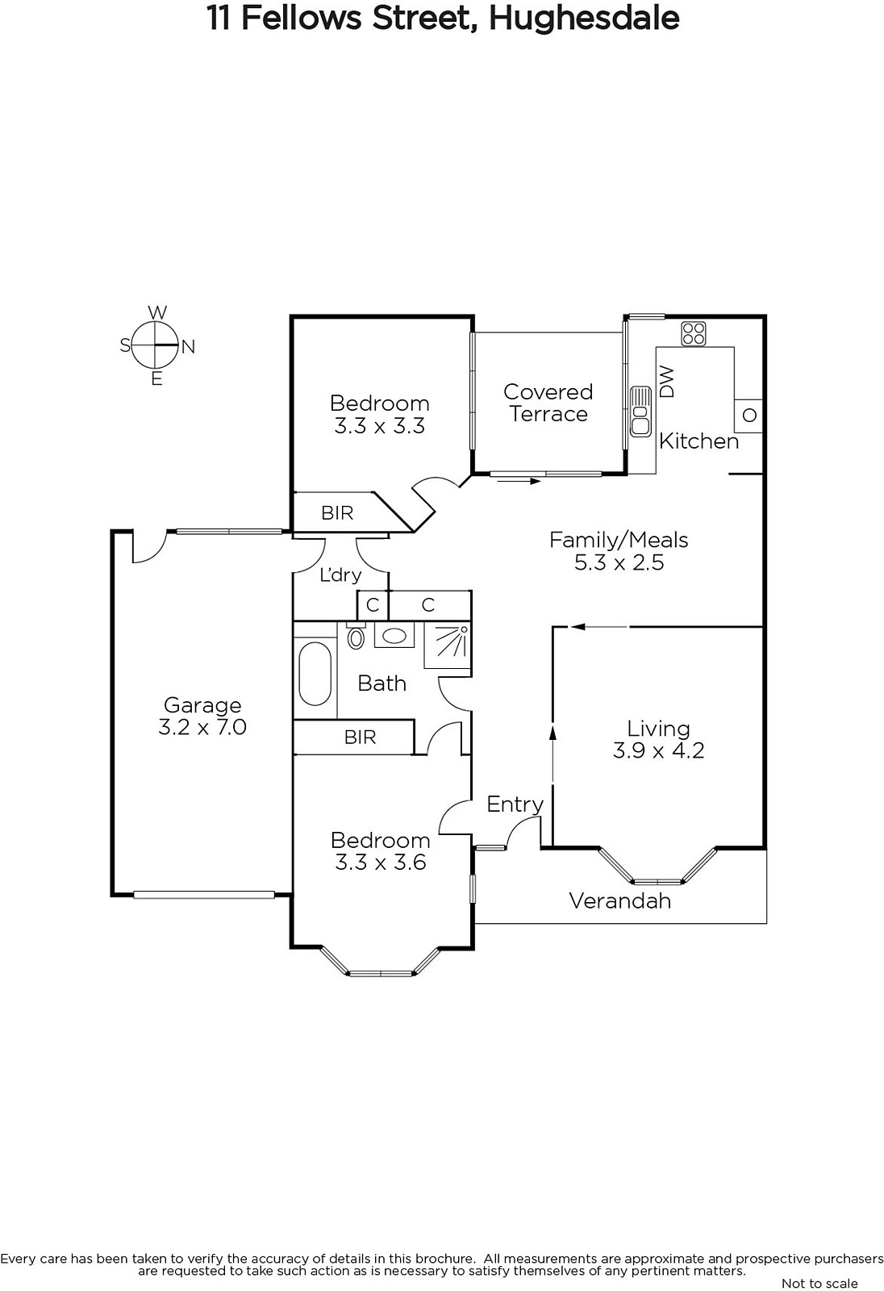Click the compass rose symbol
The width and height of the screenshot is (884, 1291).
[156, 345]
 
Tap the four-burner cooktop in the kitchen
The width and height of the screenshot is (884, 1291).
[694, 334]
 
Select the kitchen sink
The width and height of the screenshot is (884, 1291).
[640, 412]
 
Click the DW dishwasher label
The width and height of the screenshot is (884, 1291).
[667, 382]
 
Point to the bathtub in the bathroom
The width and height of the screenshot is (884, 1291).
[315, 673]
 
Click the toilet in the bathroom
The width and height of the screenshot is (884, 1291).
[357, 635]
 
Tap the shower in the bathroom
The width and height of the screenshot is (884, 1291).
[448, 645]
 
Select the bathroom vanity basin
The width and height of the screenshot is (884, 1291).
[394, 635]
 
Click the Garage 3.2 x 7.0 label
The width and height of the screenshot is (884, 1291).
[202, 716]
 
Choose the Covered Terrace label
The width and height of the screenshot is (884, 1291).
[548, 403]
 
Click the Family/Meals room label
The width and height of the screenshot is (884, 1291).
[619, 540]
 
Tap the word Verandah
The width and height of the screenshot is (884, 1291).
[620, 900]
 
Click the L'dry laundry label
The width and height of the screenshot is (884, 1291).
[340, 574]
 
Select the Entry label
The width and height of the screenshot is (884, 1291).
[515, 804]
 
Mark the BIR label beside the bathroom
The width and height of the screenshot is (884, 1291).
[361, 737]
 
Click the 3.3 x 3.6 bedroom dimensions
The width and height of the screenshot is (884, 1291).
[381, 863]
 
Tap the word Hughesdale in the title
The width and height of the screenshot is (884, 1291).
[584, 19]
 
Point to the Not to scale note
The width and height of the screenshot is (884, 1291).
[819, 1283]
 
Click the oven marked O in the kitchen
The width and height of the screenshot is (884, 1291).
[748, 416]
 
